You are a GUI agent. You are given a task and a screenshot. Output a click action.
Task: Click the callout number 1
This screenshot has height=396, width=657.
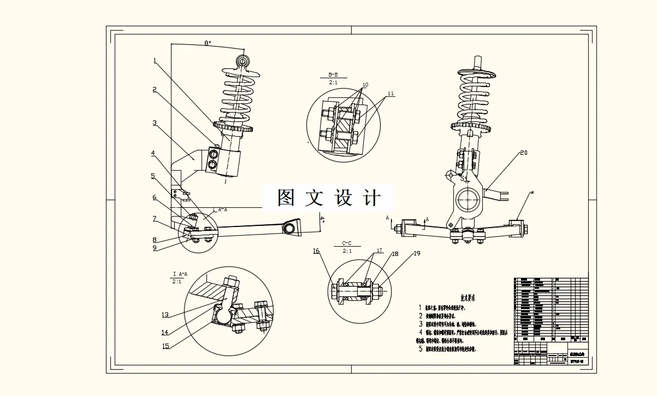click(x=155, y=61)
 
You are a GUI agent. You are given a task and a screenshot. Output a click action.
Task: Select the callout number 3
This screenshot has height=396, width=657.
click(x=155, y=123)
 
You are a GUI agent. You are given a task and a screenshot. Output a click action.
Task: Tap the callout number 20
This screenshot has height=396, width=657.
click(x=523, y=153)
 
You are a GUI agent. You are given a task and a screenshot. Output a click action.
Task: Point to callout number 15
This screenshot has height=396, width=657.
click(x=165, y=346)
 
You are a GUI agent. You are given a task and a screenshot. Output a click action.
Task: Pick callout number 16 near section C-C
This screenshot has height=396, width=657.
click(x=316, y=251)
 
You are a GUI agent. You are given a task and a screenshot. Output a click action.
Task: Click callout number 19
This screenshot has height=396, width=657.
click(x=417, y=253)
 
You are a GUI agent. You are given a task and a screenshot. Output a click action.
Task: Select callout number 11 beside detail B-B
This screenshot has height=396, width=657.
click(x=390, y=94)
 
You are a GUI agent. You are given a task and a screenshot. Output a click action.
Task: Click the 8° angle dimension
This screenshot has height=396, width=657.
click(x=208, y=43)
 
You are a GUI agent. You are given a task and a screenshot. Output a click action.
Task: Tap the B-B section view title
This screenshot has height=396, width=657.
click(x=333, y=74)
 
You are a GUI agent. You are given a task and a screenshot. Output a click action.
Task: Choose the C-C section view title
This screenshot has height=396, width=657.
click(x=347, y=243)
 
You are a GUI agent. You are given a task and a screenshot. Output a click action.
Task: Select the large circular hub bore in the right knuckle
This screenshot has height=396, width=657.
click(x=469, y=200)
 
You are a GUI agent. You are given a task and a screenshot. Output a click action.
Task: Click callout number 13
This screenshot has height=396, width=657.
click(x=165, y=315)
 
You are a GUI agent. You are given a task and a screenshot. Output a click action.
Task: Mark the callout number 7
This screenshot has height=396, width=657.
click(x=155, y=219)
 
